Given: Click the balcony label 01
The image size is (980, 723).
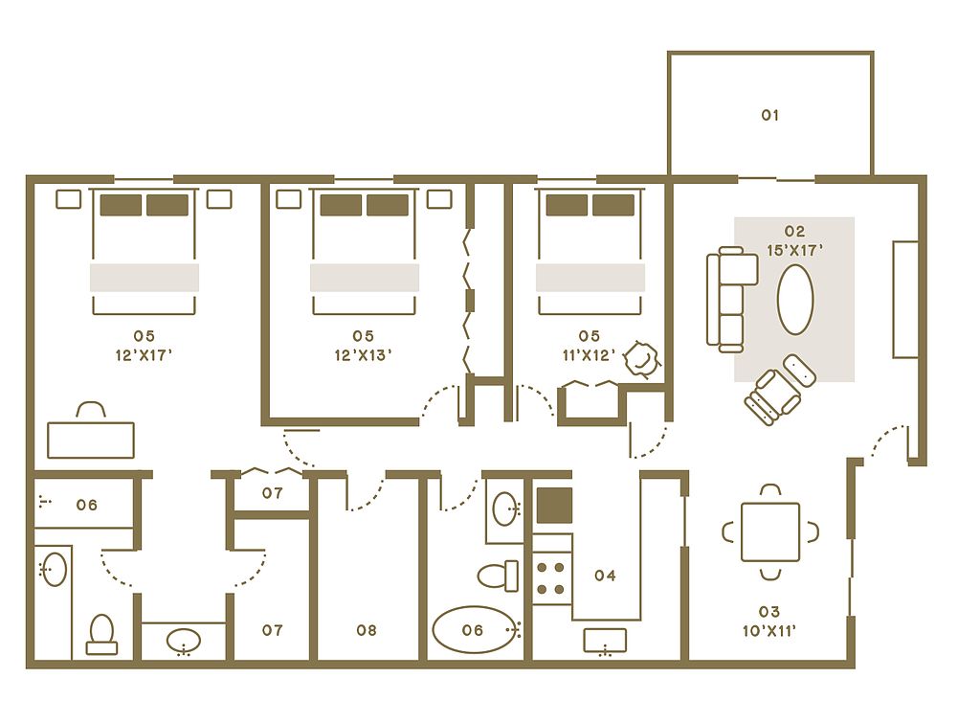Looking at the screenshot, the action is [x=770, y=115].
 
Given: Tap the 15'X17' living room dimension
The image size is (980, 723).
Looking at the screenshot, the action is [x=794, y=251].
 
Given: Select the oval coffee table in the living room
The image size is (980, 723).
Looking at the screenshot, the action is [x=795, y=300].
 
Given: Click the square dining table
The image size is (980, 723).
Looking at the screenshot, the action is [x=770, y=532].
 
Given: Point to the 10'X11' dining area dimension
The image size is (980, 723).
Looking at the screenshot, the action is [x=769, y=631].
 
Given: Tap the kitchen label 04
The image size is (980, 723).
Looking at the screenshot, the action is [x=605, y=576].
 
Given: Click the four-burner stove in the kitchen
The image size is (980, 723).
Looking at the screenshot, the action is [x=551, y=578].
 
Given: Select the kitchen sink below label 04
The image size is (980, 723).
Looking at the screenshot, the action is [x=605, y=642].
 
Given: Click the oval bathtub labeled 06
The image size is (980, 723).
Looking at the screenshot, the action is [x=477, y=630].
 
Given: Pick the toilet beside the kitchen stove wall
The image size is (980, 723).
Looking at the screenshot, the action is [x=498, y=576].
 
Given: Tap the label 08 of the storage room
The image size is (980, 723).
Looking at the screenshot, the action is [x=367, y=630].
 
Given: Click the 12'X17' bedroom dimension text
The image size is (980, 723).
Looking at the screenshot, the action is [x=144, y=355].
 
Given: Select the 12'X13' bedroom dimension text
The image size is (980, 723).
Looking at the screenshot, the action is [x=363, y=355].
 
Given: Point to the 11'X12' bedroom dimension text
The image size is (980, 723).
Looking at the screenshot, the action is [x=589, y=355].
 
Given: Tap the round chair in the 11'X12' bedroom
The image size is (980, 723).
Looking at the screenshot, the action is [x=642, y=359].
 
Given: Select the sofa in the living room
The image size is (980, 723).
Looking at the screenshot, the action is [x=731, y=299].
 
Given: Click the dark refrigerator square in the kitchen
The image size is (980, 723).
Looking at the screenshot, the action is [x=554, y=506].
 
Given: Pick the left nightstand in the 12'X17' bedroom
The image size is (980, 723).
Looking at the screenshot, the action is [x=68, y=199].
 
